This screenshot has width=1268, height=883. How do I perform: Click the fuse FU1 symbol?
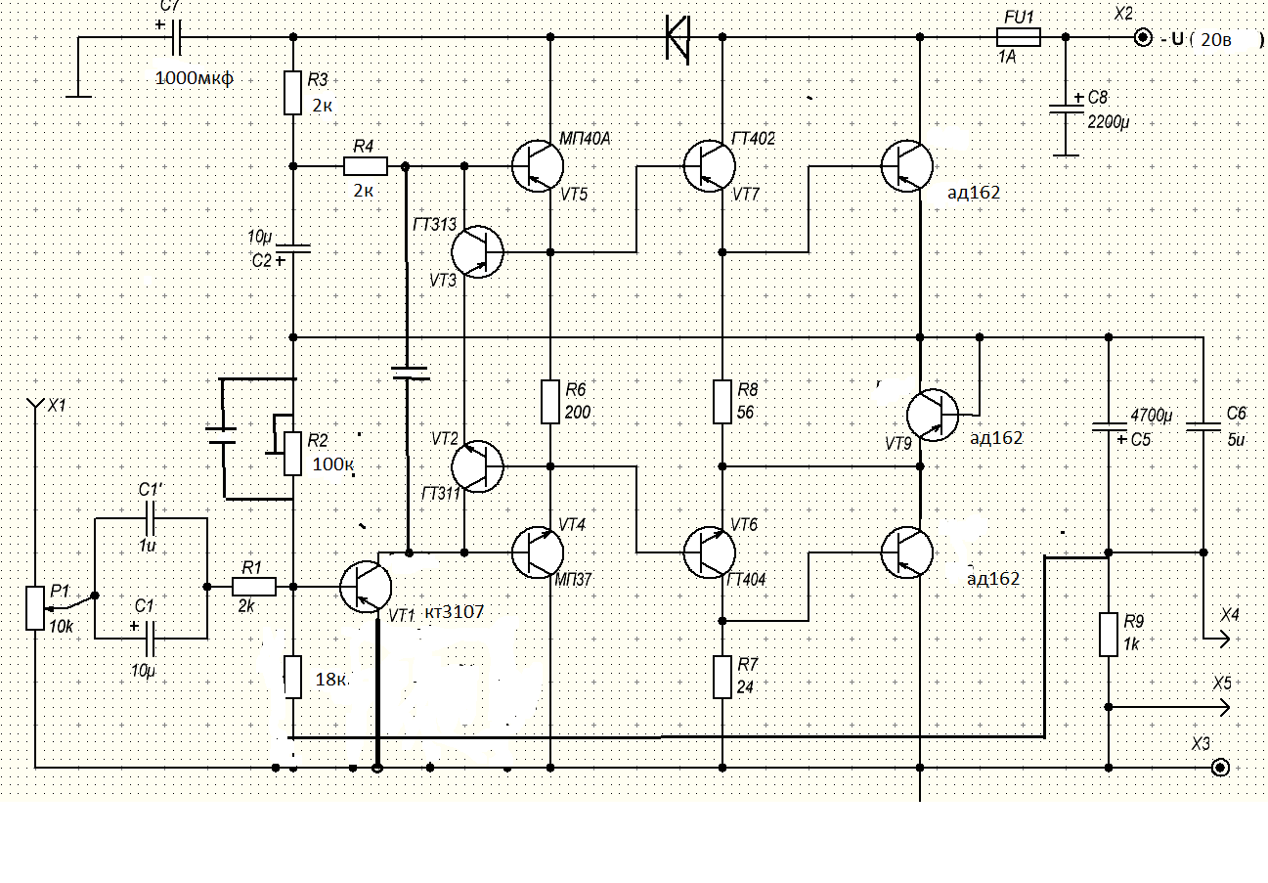(1019, 37)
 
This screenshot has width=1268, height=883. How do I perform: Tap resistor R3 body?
(293, 92)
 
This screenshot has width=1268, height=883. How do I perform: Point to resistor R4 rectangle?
(366, 165)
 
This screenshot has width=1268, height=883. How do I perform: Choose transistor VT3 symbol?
(478, 251)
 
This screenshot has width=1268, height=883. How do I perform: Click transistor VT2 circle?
(478, 464)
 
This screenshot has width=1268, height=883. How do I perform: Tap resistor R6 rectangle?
(550, 401)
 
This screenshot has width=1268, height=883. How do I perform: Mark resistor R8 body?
(722, 401)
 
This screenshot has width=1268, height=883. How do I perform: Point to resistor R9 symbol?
(1108, 634)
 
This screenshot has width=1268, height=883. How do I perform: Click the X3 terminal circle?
(1220, 767)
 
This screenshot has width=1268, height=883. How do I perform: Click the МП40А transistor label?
(585, 139)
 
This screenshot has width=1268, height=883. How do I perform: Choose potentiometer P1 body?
(35, 607)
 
